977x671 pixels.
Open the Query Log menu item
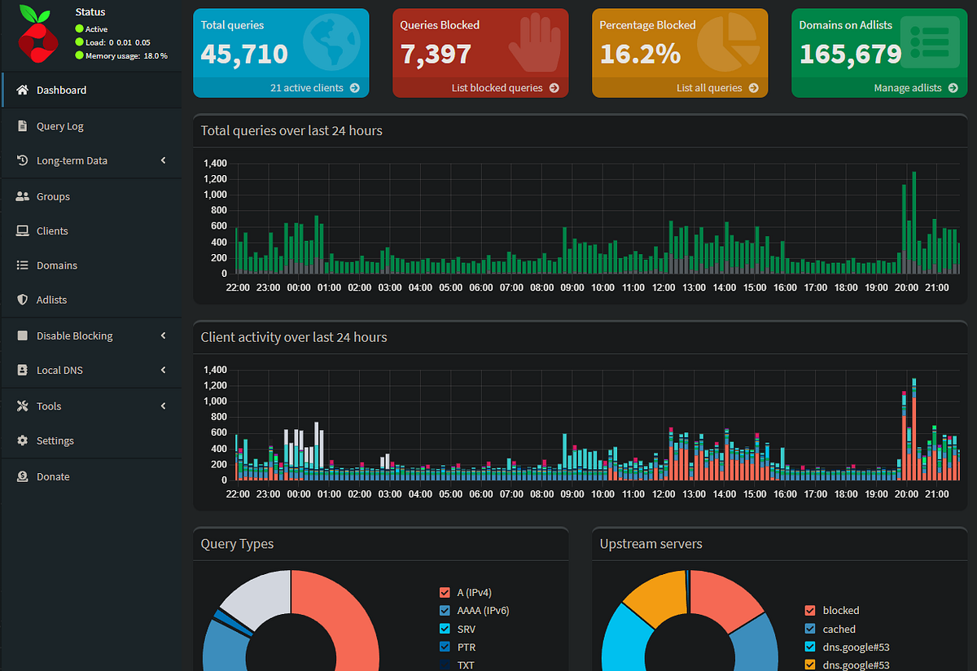pos(59,126)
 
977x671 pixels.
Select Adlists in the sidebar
pos(51,300)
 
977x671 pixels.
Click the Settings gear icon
pos(22,441)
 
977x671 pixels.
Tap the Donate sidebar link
pos(53,476)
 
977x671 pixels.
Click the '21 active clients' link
pos(314,88)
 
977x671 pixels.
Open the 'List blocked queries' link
pos(505,88)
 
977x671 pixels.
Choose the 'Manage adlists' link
pos(915,88)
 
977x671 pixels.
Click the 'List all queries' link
pos(717,88)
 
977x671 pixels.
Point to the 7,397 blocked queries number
pos(436,54)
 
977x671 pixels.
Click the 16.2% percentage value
pos(640,54)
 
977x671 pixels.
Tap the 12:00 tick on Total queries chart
pos(664,287)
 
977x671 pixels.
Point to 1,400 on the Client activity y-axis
pos(216,370)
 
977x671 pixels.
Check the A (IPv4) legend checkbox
pos(445,592)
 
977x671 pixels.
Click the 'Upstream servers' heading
pos(651,544)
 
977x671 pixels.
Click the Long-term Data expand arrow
pos(164,160)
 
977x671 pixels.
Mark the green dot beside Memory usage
pos(79,55)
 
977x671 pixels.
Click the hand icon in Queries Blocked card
pos(535,43)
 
